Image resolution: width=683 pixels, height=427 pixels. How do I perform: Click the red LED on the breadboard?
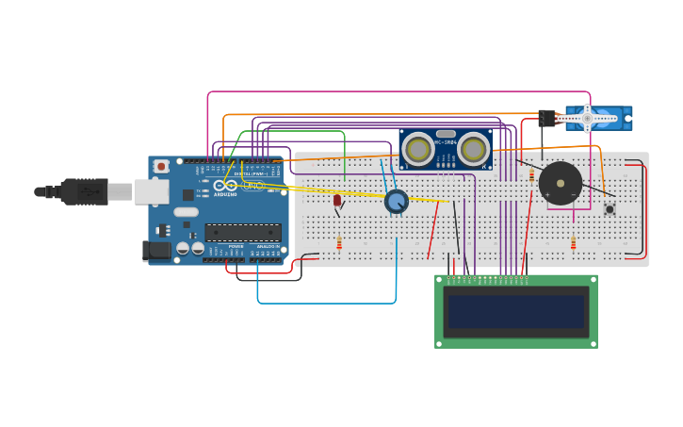(x=337, y=200)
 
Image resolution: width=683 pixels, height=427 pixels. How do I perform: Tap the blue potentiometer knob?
(x=397, y=201)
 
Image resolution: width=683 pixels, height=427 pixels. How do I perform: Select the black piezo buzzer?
(x=560, y=183)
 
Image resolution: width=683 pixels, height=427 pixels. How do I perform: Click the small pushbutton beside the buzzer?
(x=610, y=208)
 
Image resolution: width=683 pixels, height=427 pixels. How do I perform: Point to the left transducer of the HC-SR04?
(x=418, y=149)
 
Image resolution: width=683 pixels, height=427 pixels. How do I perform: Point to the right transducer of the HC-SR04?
(x=473, y=149)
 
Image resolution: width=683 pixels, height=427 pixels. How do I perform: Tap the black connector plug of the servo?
(x=546, y=118)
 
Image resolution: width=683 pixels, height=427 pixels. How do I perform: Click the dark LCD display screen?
(x=515, y=312)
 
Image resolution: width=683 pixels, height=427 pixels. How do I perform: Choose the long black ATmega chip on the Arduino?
(x=243, y=232)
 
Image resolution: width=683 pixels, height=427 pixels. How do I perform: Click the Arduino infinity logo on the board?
(x=225, y=186)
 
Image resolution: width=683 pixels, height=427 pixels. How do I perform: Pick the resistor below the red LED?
(x=339, y=244)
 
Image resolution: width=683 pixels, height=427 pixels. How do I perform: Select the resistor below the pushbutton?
(x=573, y=244)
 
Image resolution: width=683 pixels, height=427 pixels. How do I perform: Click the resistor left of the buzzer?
(x=531, y=175)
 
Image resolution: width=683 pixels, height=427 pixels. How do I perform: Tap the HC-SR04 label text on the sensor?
(x=446, y=142)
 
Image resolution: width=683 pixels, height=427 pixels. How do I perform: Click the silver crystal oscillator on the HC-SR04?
(x=446, y=134)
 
